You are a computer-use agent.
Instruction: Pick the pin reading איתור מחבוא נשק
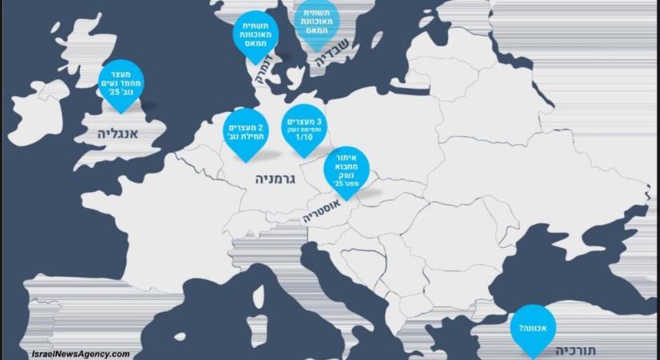point(347,169)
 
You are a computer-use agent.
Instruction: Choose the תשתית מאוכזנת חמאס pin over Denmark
point(255,34)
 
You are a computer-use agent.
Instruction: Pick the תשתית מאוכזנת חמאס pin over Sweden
point(316,22)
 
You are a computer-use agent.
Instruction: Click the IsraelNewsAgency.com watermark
point(80,353)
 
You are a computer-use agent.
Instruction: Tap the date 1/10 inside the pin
point(304,138)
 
